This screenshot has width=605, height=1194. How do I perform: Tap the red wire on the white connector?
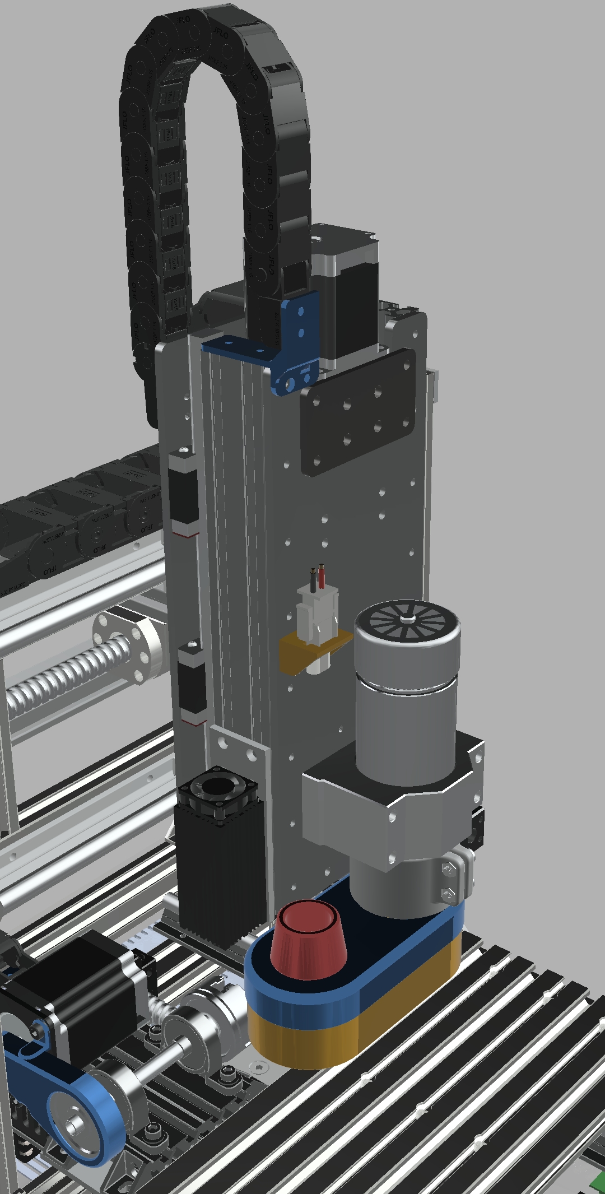coord(322,577)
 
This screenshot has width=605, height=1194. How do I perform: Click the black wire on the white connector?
coord(313,580)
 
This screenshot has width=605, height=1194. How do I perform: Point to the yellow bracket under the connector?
coord(297,650)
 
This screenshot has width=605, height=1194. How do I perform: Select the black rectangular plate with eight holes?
coord(359,412)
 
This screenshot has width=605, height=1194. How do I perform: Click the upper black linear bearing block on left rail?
coord(183,493)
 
